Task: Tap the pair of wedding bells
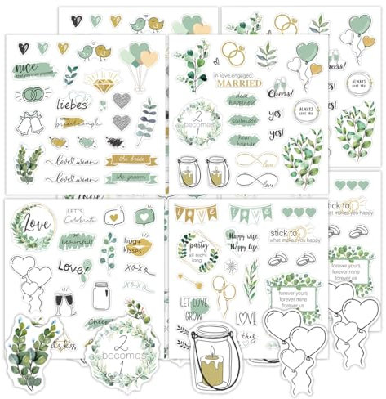click(x=32, y=124)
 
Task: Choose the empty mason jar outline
click(x=102, y=294)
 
